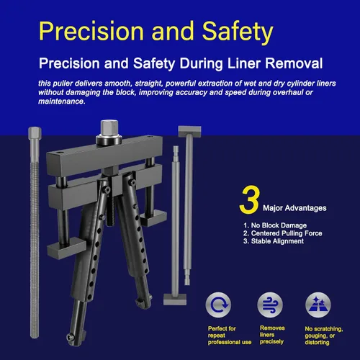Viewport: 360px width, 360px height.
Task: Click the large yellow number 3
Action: coord(250,199)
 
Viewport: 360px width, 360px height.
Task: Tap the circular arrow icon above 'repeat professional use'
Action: coord(218,305)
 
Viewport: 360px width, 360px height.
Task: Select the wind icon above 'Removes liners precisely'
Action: coord(270,305)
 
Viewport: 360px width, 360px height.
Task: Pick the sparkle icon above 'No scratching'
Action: coord(318,305)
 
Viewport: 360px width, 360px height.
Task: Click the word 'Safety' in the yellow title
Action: coord(238,32)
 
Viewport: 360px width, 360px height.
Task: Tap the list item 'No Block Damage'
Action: coord(275,225)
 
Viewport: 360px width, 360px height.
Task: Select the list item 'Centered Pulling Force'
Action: coord(282,233)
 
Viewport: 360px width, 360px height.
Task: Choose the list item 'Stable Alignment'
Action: coord(274,241)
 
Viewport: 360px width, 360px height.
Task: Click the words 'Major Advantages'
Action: coord(294,208)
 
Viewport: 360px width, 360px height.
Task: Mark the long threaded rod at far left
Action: coord(35,233)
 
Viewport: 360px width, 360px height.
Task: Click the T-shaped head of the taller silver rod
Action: coord(189,132)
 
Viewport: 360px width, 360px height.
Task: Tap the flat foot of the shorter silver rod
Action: coord(175,299)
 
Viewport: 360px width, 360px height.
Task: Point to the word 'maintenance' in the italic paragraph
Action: coord(61,102)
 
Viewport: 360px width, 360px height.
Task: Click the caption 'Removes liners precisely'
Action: coord(272,335)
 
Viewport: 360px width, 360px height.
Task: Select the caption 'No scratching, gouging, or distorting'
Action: coord(324,336)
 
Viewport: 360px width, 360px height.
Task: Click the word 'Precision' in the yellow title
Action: coord(91,31)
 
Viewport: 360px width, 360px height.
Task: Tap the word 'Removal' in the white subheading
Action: coord(294,63)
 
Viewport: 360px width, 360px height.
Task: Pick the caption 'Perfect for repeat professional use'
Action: coord(230,336)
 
